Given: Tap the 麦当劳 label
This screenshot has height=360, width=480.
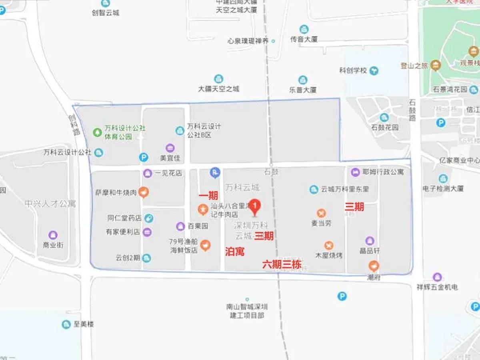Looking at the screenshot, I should [x=322, y=223].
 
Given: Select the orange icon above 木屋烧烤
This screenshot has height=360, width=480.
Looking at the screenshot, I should [x=329, y=245].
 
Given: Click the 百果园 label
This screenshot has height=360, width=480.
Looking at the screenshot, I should [x=198, y=226].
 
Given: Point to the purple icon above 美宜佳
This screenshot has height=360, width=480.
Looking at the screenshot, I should [x=170, y=148].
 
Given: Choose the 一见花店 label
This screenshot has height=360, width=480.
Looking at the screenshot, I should [x=168, y=173].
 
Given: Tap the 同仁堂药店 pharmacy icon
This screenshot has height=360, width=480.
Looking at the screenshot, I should [x=148, y=218].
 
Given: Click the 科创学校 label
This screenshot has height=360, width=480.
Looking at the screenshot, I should [x=353, y=71].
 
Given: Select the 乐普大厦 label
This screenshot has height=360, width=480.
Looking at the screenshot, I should [x=303, y=90].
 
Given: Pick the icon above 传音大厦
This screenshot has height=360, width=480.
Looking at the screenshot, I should [x=304, y=29].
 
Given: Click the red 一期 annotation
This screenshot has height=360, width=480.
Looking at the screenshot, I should [x=208, y=195].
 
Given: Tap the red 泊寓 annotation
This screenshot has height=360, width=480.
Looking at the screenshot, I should [x=235, y=252].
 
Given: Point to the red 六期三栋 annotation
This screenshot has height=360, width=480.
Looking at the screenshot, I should [x=282, y=264].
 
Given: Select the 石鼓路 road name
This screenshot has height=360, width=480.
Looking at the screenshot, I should [x=412, y=111].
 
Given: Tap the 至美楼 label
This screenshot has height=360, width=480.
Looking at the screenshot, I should [x=84, y=324].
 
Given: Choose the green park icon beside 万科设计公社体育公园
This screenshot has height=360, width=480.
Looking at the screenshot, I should [x=97, y=132].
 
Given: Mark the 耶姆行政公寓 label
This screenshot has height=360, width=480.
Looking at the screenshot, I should [x=383, y=172].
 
